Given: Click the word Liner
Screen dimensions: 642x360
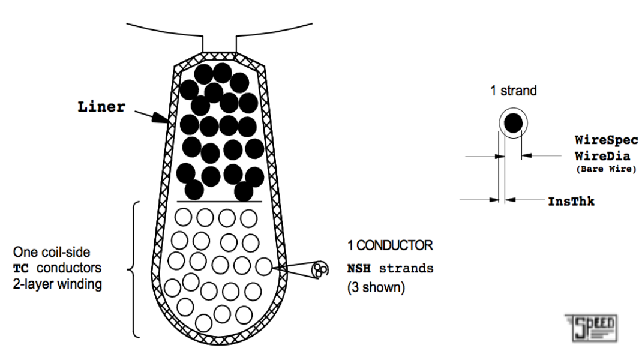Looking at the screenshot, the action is (101, 107).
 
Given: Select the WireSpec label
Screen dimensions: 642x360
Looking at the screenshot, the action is (607, 140).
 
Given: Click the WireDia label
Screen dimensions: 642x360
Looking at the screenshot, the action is (603, 155).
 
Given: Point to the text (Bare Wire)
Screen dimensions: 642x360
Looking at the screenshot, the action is (606, 169).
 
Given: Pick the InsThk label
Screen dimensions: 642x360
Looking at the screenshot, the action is (571, 202).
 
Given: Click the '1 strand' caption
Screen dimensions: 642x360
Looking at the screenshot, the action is (513, 91).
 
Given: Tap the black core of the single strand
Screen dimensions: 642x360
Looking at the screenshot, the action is (513, 124).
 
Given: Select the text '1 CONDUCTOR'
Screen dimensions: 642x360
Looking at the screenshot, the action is (390, 245).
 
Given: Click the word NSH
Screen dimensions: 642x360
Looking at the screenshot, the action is (359, 268).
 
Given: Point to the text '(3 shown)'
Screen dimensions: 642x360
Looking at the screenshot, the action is (376, 287).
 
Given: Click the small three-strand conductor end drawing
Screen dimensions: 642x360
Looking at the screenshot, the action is (321, 269).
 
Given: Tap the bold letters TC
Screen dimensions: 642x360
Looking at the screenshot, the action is (21, 268).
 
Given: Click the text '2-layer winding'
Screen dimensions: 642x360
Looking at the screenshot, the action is (58, 284).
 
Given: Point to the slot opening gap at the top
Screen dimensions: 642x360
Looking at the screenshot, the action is (221, 42).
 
